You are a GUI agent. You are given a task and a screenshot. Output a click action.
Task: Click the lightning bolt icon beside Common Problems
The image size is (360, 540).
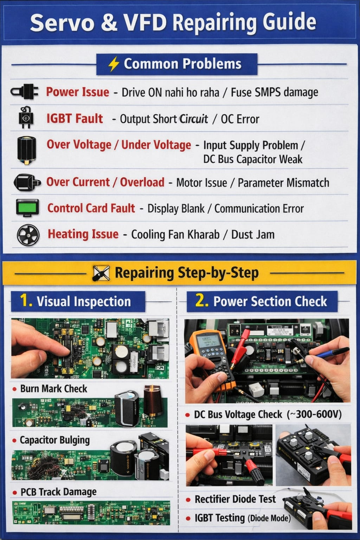[114, 64]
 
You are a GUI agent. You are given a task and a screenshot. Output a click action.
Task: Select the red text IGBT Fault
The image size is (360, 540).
[75, 119]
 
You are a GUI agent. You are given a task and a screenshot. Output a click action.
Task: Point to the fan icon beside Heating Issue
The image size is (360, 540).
[28, 234]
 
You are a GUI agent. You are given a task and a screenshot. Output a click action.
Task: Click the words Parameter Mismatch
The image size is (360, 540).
[283, 183]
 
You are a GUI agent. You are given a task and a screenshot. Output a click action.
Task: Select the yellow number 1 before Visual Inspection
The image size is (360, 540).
[25, 301]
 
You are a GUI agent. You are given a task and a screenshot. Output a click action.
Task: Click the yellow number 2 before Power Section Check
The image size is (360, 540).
[201, 301]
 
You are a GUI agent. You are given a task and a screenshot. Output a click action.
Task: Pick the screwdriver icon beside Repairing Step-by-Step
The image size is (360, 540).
[101, 273]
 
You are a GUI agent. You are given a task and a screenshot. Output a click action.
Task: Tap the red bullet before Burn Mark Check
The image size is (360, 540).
[14, 389]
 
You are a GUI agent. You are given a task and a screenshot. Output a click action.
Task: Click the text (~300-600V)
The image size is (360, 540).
[314, 414]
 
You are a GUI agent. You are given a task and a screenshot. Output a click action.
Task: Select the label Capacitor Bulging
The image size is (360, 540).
[54, 440]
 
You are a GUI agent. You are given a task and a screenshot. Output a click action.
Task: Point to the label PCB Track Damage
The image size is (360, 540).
[58, 492]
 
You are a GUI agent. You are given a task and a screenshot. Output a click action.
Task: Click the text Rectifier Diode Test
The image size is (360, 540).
[235, 499]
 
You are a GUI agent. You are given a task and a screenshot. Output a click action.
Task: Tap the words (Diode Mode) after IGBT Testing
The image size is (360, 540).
[269, 518]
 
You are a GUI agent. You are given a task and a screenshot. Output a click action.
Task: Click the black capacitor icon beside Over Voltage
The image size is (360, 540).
[27, 150]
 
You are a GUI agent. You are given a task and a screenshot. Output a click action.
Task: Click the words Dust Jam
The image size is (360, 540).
[253, 234]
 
